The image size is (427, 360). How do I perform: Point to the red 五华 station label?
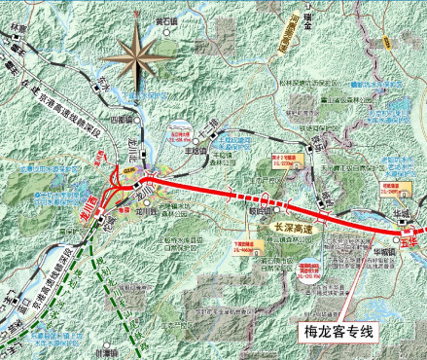[x=410, y=235]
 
